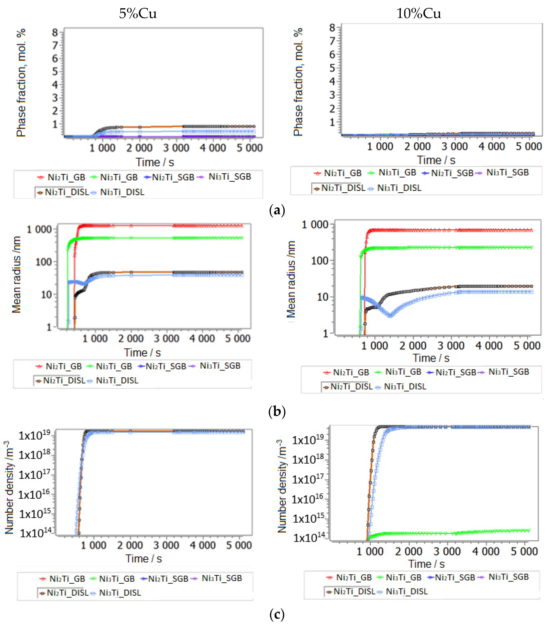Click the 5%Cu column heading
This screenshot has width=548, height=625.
point(138,13)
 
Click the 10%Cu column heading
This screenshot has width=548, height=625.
point(418,13)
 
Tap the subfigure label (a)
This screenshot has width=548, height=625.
point(277,210)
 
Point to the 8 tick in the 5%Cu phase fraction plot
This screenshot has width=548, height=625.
point(55,32)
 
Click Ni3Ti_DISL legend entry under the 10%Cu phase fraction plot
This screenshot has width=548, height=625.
point(399,188)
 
